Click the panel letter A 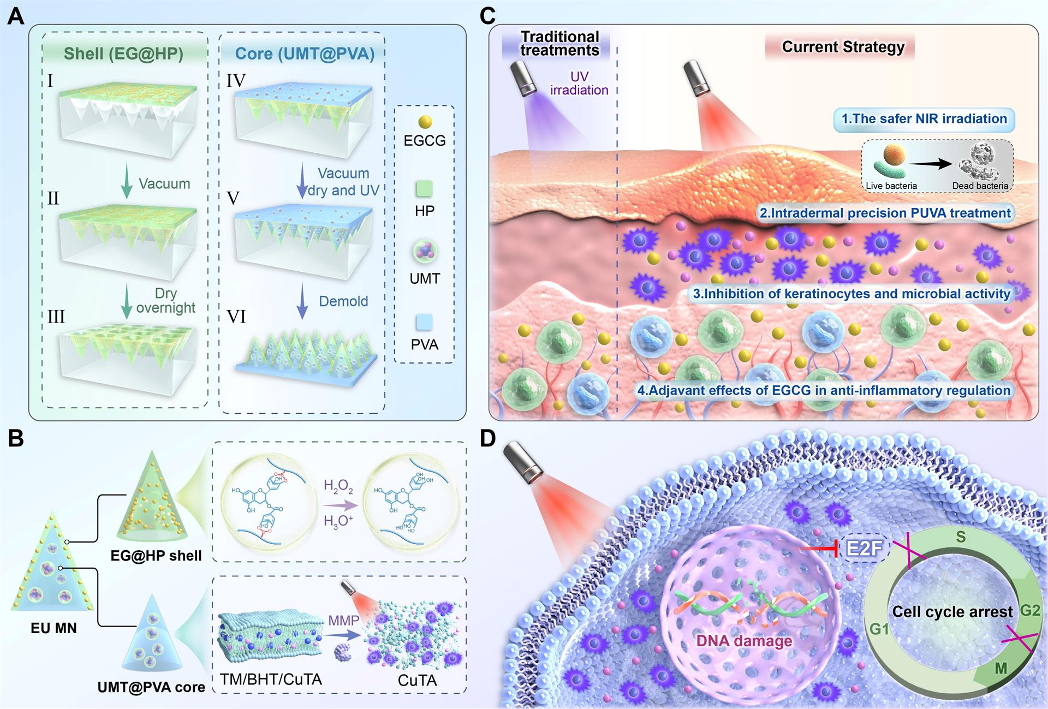(x=15, y=16)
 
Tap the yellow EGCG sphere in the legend (x=425, y=122)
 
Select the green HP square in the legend (x=424, y=189)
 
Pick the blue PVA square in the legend (x=424, y=322)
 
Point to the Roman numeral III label (x=56, y=317)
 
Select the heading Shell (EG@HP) (x=123, y=53)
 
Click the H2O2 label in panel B (x=338, y=486)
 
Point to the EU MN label (x=53, y=628)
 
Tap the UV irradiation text (x=579, y=84)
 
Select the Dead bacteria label (x=980, y=186)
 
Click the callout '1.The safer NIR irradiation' (x=924, y=119)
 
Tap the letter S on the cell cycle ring (x=961, y=537)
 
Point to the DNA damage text (x=744, y=641)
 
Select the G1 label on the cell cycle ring (x=879, y=629)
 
